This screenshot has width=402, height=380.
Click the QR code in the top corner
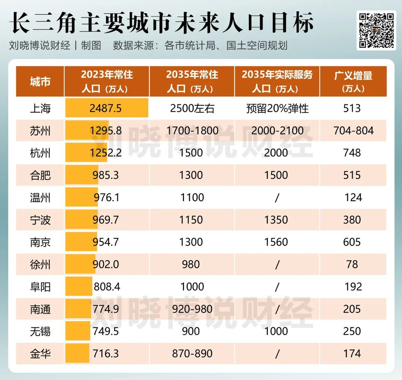pos(376,30)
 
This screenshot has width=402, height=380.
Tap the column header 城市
pos(40,82)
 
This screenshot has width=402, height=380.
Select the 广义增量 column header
pos(353,82)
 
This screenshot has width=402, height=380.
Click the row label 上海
pos(40,109)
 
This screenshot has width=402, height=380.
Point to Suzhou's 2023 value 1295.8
pos(105,131)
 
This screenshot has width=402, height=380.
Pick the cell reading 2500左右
pos(192,109)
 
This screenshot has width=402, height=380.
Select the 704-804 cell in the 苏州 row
pos(353,131)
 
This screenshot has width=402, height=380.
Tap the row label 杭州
pos(40,153)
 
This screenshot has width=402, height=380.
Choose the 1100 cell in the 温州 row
pos(192,197)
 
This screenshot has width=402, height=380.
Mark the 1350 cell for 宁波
pos(276,220)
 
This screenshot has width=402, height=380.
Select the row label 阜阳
pos(40,287)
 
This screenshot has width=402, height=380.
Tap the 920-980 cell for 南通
pos(192,309)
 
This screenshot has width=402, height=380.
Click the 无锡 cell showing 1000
pos(276,331)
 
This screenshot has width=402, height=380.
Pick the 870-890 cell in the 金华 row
pos(192,353)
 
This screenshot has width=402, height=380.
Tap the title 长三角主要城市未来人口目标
pos(162,23)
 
